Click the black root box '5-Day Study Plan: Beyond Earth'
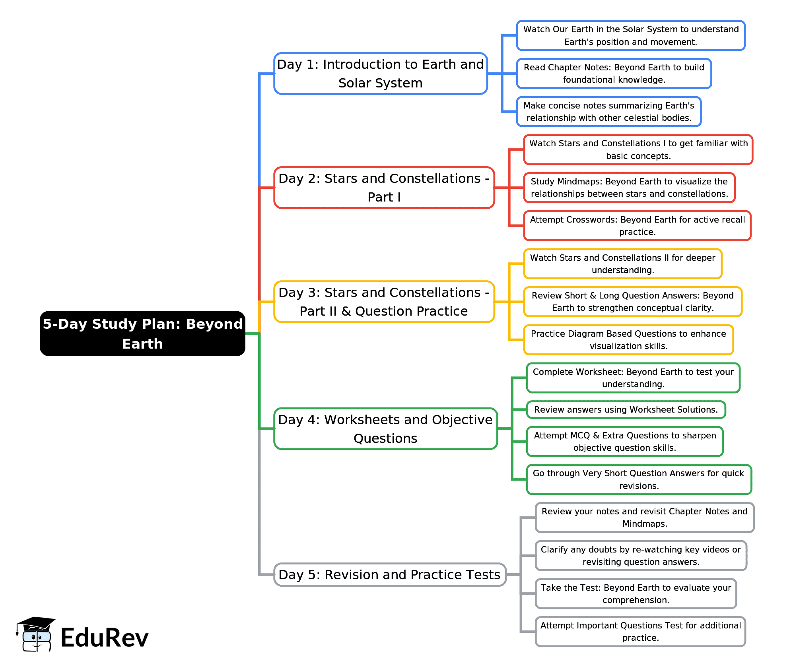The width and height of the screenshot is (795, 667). point(142,333)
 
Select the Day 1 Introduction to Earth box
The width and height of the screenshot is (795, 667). point(380,74)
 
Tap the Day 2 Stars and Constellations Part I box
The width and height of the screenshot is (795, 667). point(384,188)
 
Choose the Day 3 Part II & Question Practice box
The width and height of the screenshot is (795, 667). point(384,302)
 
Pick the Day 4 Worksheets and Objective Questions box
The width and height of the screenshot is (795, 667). point(385,429)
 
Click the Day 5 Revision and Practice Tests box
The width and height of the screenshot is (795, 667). point(389,574)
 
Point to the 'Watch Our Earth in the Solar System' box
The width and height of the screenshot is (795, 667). point(630,35)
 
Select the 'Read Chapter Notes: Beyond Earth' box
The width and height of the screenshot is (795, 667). point(614,74)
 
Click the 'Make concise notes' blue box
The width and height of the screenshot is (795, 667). point(608,112)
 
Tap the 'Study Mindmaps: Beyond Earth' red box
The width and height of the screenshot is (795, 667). point(629,188)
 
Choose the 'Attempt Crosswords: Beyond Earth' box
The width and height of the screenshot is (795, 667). point(637,226)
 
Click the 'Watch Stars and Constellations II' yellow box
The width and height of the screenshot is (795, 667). point(622,264)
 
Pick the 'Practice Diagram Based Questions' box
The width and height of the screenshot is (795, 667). point(628,340)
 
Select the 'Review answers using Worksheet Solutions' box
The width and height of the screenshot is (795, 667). point(626,410)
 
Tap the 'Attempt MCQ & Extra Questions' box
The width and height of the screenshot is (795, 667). point(625,442)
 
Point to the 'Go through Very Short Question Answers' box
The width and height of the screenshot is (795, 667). point(639,479)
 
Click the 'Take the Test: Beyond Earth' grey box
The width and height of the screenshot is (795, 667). point(636,593)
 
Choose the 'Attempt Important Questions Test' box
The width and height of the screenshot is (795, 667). point(640,632)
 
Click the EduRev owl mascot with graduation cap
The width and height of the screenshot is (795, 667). point(36,634)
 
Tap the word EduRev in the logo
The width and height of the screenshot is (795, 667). point(104,638)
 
